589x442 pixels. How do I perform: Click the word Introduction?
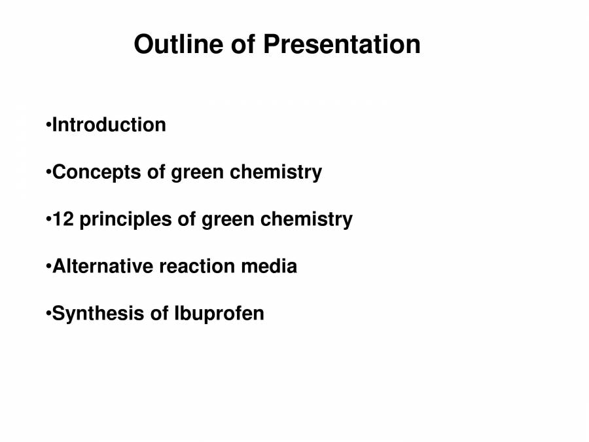(109, 124)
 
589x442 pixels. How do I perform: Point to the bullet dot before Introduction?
(48, 124)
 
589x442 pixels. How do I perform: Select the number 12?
(62, 219)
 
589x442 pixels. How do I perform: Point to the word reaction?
(197, 266)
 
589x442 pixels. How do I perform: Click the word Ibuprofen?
(219, 314)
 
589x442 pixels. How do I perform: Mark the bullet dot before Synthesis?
(48, 314)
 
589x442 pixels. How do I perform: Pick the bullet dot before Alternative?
(48, 266)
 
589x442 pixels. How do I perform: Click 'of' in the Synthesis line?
(160, 313)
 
